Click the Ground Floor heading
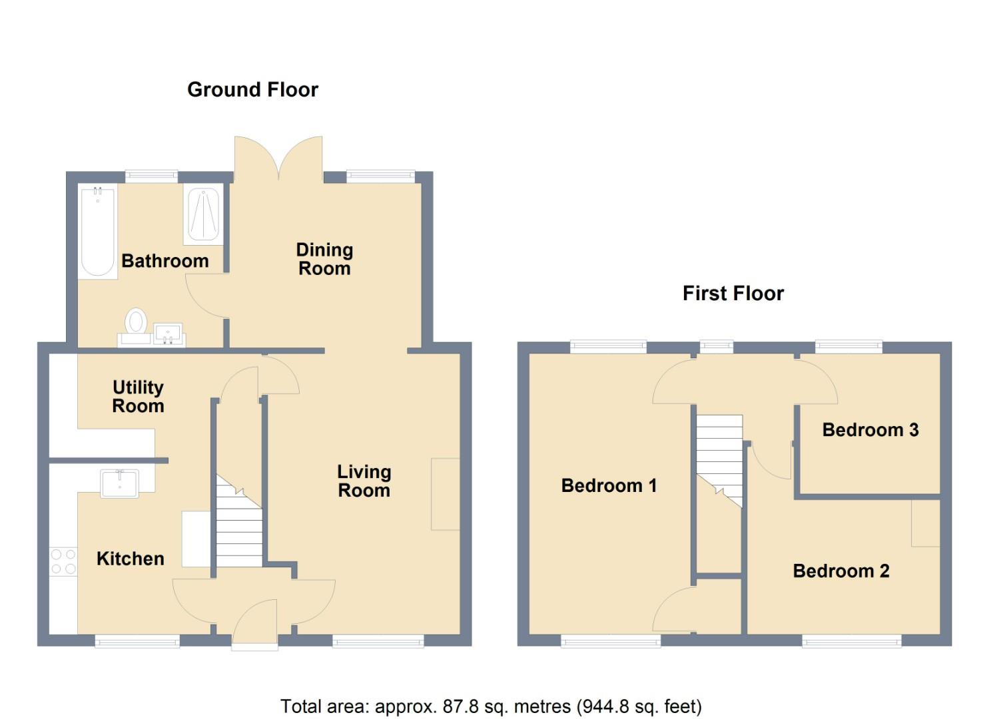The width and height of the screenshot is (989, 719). pos(252,90)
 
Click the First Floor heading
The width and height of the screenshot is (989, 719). pos(733,294)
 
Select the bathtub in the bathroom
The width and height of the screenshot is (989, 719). pos(98,231)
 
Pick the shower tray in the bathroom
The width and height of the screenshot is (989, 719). pos(204,214)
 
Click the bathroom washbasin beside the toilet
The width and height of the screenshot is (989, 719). pos(169,334)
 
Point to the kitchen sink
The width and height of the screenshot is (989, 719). pos(120,483)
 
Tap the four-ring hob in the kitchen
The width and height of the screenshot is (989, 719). pos(63,561)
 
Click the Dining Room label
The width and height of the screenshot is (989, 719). pos(324,259)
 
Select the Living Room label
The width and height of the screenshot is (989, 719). pos(364,481)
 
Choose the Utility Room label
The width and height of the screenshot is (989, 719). pos(138,396)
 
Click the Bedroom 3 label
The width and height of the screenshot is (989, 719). pos(870,430)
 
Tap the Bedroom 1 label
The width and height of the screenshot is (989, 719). pos(609,485)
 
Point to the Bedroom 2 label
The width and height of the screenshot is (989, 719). pos(841,571)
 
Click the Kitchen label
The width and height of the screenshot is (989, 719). pos(131,559)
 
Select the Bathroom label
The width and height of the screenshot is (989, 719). pos(165,261)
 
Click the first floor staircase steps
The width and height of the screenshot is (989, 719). pos(719,459)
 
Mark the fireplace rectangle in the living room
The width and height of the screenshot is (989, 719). pos(446,494)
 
